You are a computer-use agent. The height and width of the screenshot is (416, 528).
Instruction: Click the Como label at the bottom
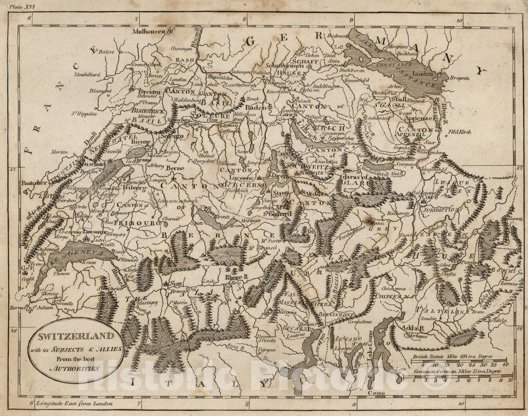point(375,393)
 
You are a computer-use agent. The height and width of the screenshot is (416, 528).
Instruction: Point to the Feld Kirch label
point(459,132)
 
